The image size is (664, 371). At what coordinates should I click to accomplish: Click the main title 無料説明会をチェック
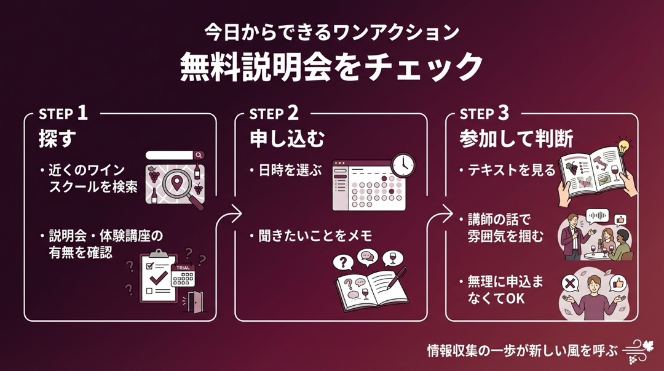331,66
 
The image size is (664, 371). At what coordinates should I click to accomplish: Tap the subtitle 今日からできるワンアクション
331,32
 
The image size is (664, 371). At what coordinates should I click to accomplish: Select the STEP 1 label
63,114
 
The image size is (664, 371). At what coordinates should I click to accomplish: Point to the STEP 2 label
274,114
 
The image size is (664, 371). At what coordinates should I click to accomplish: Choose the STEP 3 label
484,114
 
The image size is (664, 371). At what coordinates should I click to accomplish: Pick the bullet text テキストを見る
511,170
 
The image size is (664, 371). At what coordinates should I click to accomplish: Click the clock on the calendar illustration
403,164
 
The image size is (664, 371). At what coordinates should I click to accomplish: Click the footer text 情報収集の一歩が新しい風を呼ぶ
522,351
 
